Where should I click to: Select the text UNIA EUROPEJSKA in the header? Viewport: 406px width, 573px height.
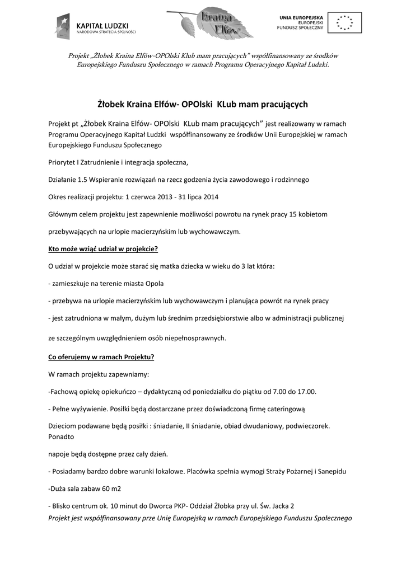point(301,18)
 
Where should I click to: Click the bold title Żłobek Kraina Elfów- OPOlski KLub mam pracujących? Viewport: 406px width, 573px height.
point(203,104)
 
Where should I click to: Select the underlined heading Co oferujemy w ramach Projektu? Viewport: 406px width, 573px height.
point(101,356)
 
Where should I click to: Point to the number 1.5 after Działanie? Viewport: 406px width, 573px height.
point(83,180)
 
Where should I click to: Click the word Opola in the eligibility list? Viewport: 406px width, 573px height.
point(154,283)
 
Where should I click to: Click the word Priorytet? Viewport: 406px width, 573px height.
point(61,162)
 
